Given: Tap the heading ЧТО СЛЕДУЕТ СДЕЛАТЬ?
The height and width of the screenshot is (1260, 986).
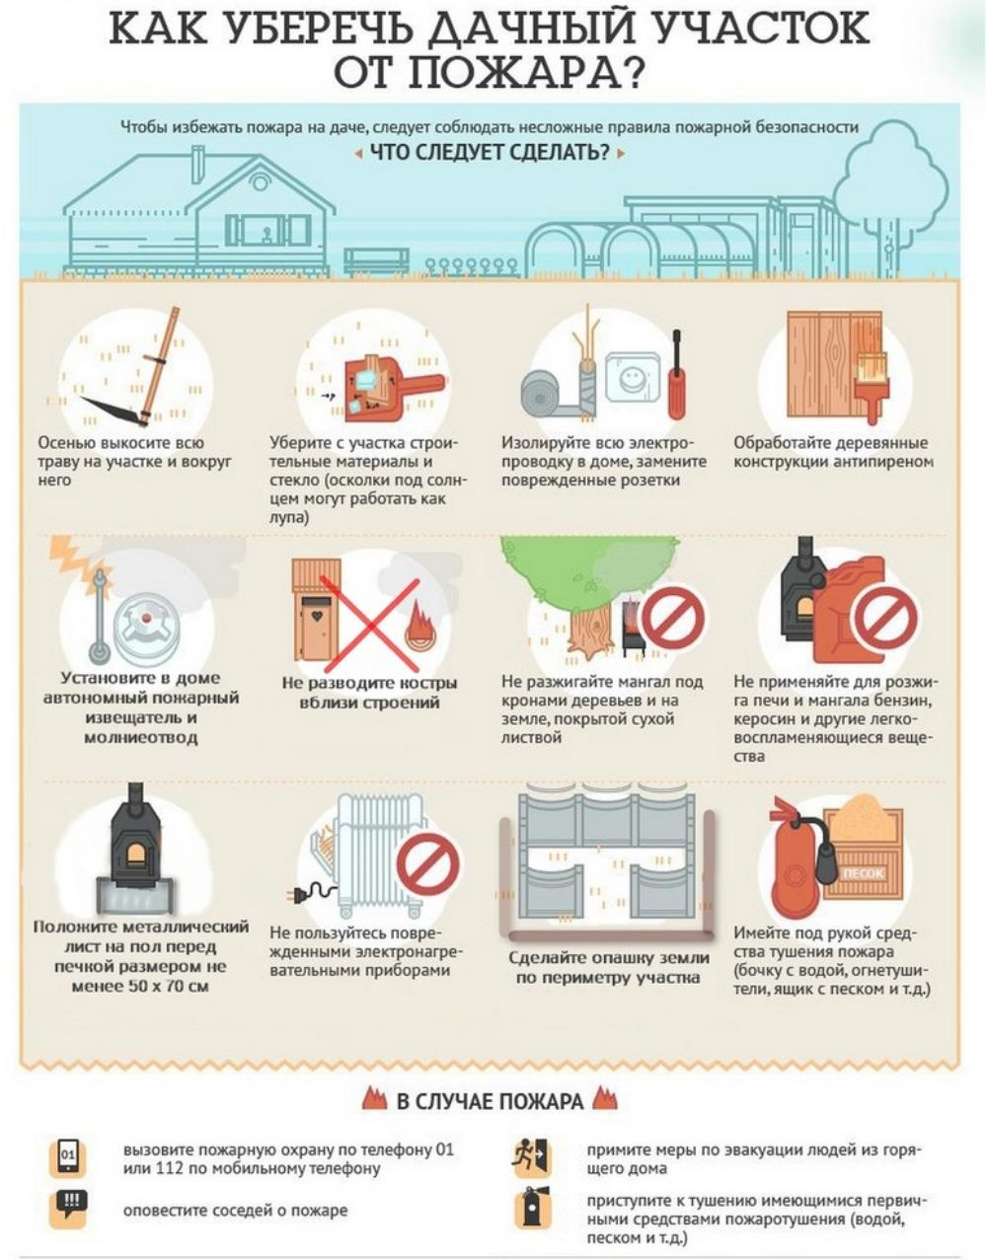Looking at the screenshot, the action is point(491,153).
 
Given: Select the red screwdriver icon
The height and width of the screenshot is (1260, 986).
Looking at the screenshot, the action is point(676,375).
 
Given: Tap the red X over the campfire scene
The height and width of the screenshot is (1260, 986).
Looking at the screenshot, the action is point(369,627).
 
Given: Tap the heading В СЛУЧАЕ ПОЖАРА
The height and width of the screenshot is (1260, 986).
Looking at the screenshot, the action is point(491,1101).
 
